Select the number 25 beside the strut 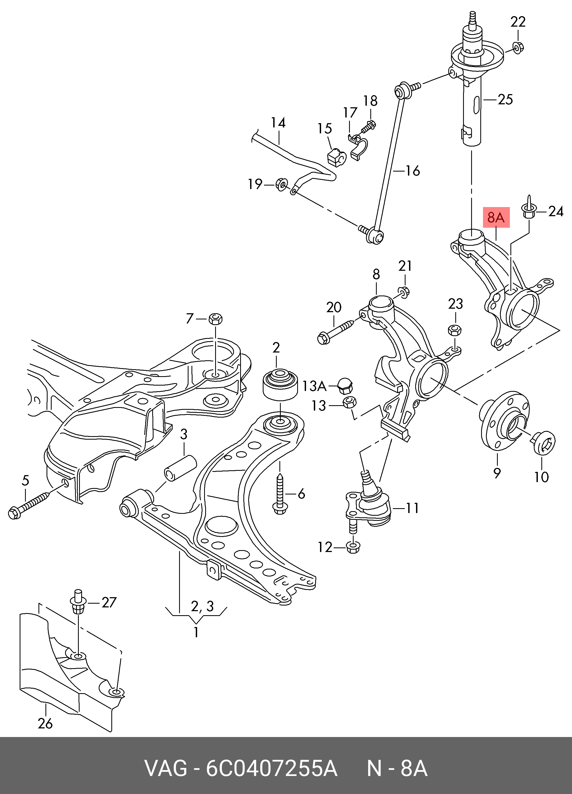tap(505, 100)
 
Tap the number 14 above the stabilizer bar tap(278, 123)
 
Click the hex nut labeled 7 tap(215, 319)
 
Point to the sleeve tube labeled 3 tap(180, 468)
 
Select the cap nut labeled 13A tap(344, 386)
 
